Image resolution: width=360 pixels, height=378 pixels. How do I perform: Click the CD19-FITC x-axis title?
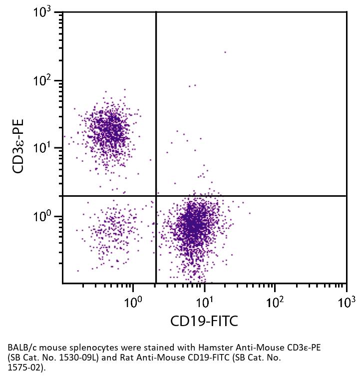click(204, 321)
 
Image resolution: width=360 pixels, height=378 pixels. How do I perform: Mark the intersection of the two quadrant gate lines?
click(156, 196)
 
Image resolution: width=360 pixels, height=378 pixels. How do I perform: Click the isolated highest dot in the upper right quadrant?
click(225, 52)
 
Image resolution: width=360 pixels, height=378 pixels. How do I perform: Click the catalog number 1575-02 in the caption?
click(22, 368)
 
